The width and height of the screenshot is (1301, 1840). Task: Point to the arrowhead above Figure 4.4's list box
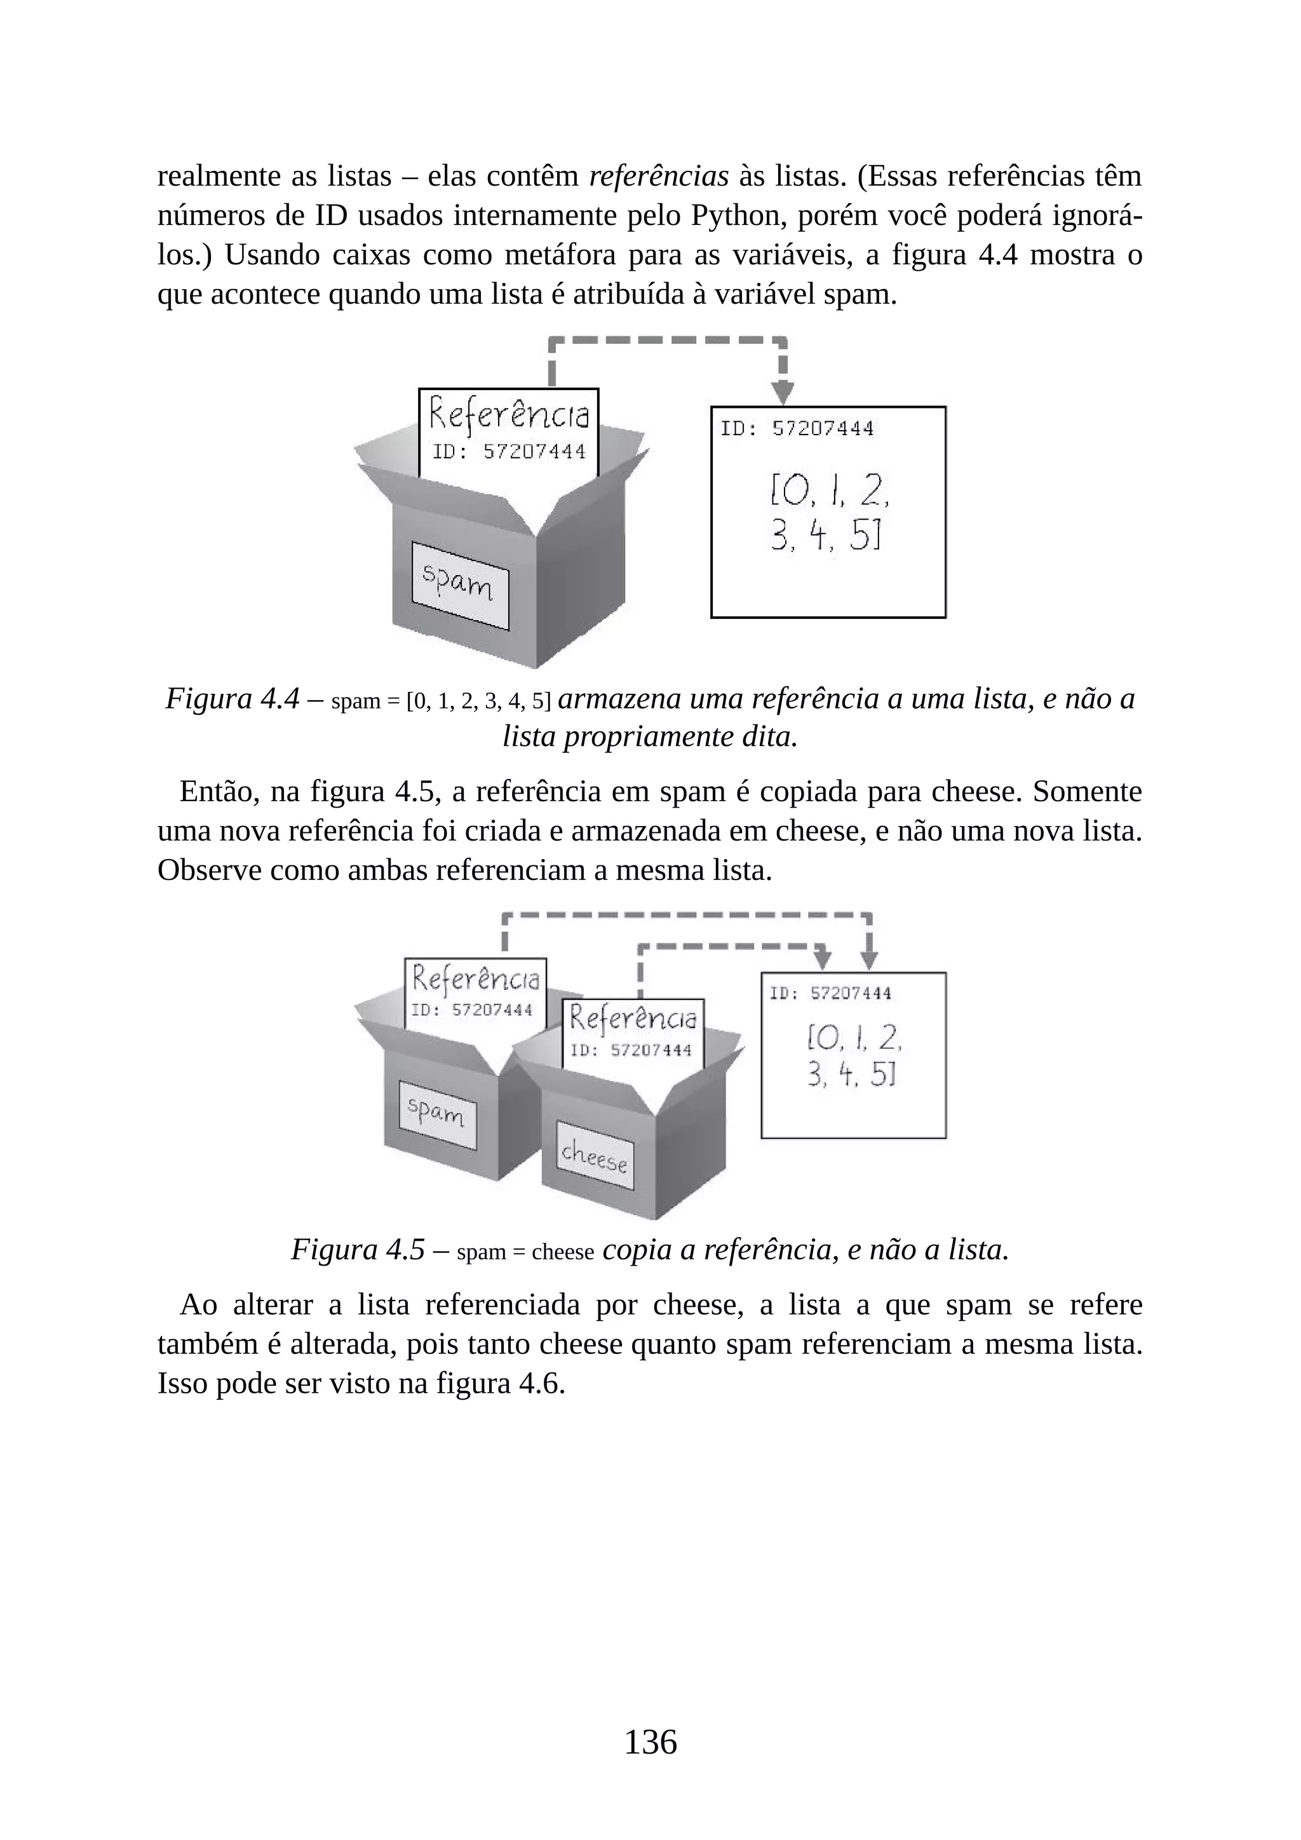[x=783, y=393]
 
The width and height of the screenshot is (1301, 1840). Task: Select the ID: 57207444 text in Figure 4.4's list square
[x=797, y=429]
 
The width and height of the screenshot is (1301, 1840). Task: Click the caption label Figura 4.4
[x=231, y=699]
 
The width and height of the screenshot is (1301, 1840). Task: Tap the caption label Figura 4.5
[x=356, y=1249]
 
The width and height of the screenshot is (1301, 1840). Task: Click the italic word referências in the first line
[x=659, y=175]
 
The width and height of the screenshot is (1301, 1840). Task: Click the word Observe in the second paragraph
[x=209, y=870]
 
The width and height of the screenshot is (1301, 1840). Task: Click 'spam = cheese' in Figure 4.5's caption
[x=525, y=1252]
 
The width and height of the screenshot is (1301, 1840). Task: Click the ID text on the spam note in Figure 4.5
[x=471, y=1010]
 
